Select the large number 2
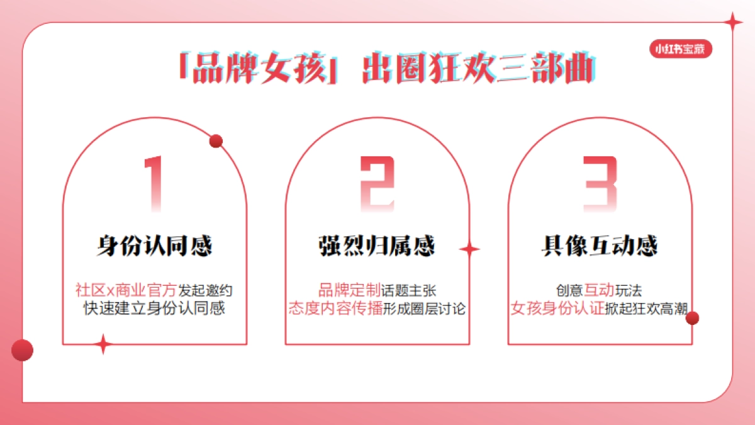click(377, 183)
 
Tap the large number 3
click(600, 183)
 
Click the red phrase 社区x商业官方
click(126, 291)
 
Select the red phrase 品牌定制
click(349, 291)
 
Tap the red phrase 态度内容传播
click(335, 309)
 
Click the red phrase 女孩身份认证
click(557, 309)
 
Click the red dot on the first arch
click(216, 141)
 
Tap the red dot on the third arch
click(692, 318)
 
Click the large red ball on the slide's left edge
click(23, 350)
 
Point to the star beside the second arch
click(469, 250)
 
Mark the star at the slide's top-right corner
click(732, 23)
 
